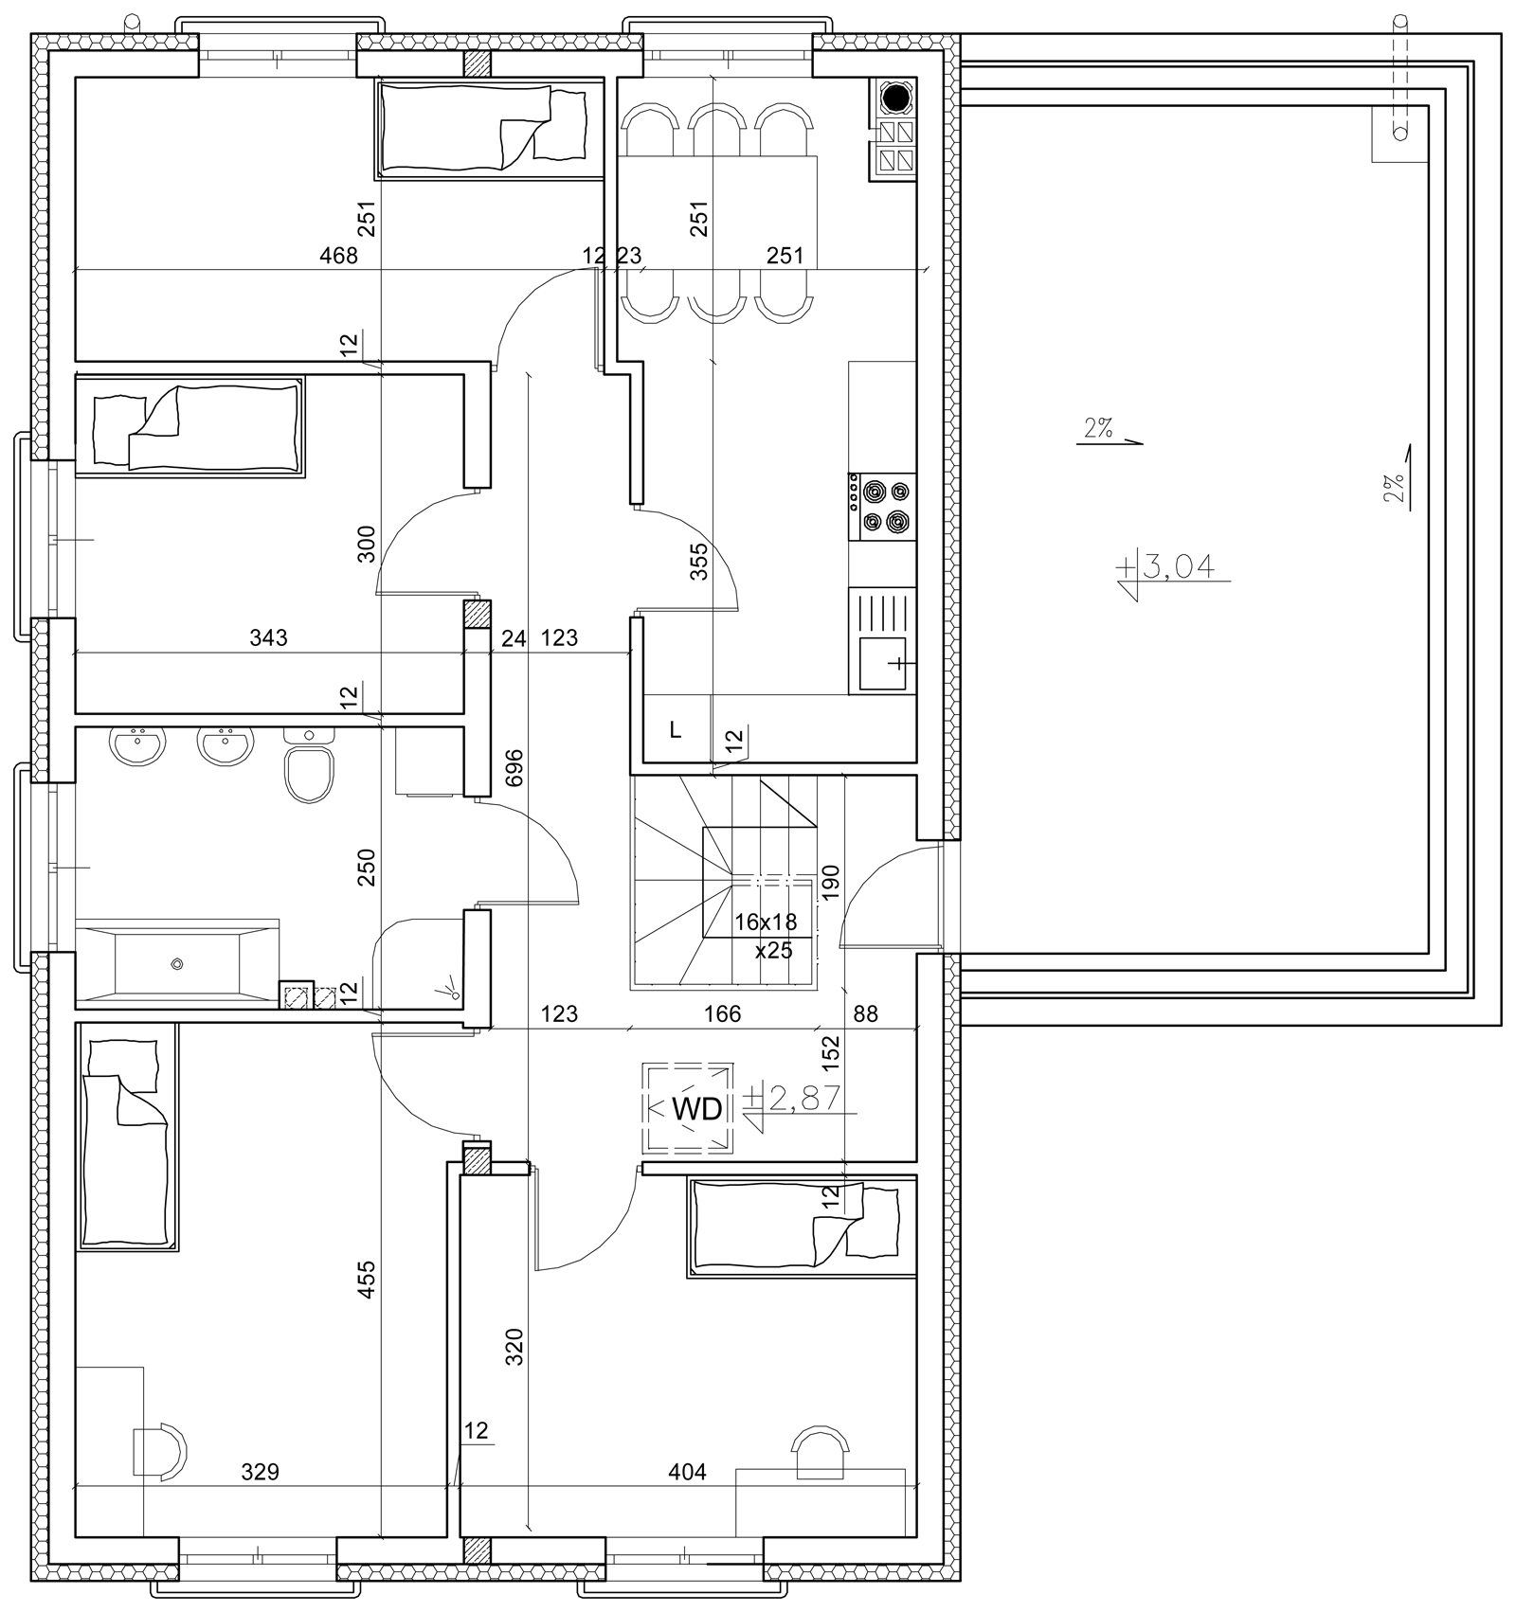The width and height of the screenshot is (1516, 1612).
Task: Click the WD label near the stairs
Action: [696, 1109]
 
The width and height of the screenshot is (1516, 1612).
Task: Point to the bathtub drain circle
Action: [176, 964]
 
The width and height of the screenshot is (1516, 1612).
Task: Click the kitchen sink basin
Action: [882, 664]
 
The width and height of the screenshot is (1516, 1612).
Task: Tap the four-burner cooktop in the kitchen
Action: [883, 507]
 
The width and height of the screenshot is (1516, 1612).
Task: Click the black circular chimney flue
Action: [894, 97]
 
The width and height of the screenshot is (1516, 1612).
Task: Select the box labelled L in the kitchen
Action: [677, 729]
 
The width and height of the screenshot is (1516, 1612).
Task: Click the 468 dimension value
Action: [339, 256]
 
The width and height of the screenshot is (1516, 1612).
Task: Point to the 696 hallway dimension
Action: [514, 769]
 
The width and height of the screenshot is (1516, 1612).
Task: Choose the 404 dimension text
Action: [687, 1472]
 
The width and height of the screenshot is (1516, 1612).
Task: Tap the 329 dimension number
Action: [260, 1472]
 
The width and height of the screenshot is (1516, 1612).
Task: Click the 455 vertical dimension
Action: [368, 1279]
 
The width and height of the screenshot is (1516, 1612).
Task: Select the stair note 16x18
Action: [766, 922]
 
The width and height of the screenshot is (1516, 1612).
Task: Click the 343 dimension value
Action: [268, 638]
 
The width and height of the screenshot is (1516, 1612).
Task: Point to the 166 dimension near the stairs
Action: [722, 1014]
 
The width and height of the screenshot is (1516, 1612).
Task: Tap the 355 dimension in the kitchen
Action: [699, 562]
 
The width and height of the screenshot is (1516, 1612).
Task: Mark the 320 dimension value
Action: [513, 1347]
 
